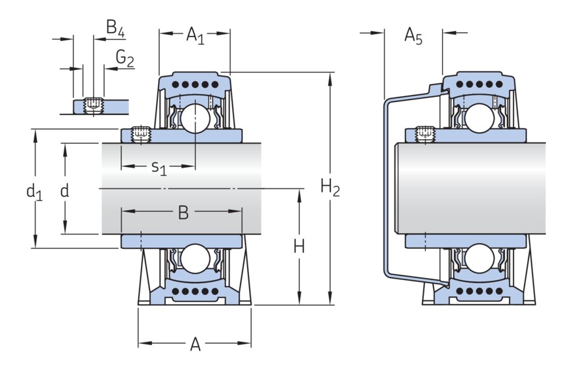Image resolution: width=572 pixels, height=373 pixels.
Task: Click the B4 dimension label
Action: [x=116, y=28]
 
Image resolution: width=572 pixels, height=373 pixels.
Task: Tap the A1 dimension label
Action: [x=195, y=34]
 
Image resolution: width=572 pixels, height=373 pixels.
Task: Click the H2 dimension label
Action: [x=330, y=188]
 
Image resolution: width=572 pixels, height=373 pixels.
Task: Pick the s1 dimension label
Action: [x=159, y=168]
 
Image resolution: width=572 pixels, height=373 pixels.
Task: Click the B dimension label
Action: [x=183, y=212]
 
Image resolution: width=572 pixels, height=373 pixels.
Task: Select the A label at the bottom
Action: [x=195, y=345]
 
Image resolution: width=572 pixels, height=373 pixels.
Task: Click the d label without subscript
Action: [x=64, y=190]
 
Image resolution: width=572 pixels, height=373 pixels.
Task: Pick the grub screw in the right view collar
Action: [x=424, y=133]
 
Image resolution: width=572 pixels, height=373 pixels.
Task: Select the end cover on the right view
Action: [x=388, y=188]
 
